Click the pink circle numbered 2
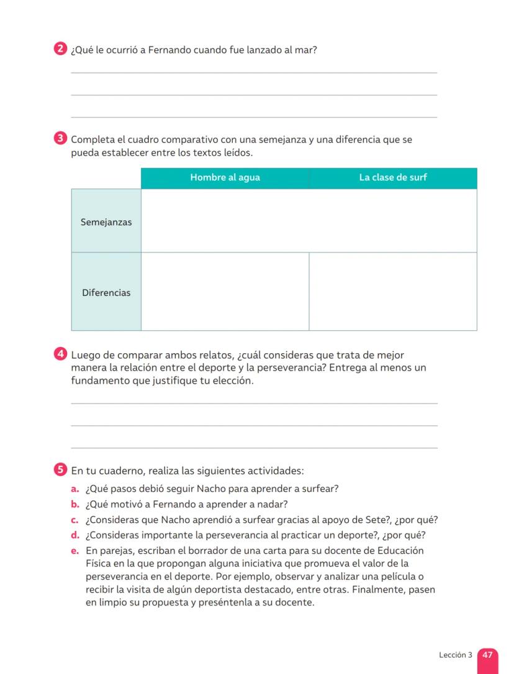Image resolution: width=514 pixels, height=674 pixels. click(x=60, y=50)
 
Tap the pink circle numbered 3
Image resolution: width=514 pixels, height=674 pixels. click(x=60, y=139)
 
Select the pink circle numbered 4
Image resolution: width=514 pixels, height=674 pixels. click(x=60, y=355)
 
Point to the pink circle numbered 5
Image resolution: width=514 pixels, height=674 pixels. click(x=60, y=470)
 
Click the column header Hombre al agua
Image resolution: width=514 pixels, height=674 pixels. click(x=225, y=178)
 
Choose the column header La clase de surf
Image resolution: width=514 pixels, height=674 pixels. click(x=393, y=178)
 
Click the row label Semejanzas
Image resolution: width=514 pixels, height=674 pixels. click(x=106, y=222)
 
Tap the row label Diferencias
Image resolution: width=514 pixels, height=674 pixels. click(x=106, y=292)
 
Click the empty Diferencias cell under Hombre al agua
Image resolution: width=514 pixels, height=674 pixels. click(x=225, y=292)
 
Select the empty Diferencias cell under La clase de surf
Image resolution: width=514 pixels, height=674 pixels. click(x=393, y=292)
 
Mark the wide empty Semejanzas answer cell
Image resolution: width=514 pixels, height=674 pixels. click(x=309, y=221)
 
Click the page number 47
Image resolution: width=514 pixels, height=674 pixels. click(x=487, y=655)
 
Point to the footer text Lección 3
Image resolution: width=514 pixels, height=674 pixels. click(x=455, y=655)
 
